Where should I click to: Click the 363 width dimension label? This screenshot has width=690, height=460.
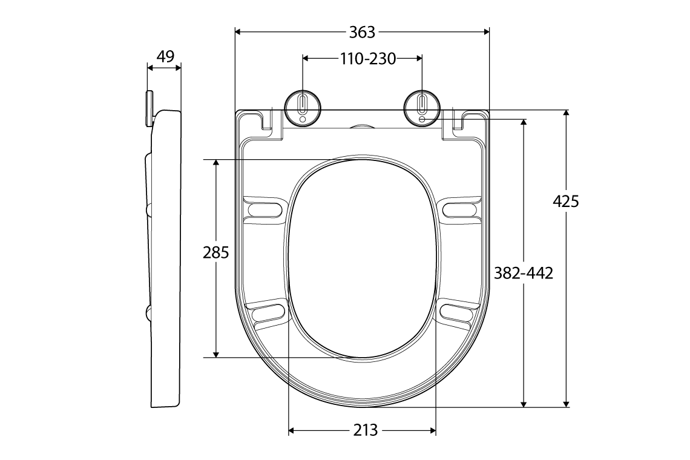pos(362,31)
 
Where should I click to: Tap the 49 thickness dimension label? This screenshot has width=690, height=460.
pos(165,56)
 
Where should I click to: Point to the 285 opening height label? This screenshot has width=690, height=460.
pos(215,252)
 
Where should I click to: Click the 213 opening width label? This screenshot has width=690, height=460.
pos(365,430)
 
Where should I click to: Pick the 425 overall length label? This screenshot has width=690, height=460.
pos(566,201)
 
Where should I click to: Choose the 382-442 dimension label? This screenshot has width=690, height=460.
pos(524,273)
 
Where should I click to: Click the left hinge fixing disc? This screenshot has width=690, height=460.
pos(303,108)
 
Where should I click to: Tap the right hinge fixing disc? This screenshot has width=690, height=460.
pos(422,108)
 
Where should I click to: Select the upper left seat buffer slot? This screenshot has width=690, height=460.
pos(264,209)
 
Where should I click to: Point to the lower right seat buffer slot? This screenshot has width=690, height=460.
pos(458,312)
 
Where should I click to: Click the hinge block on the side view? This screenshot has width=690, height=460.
pos(149,108)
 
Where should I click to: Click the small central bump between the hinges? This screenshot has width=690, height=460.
pos(363,127)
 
